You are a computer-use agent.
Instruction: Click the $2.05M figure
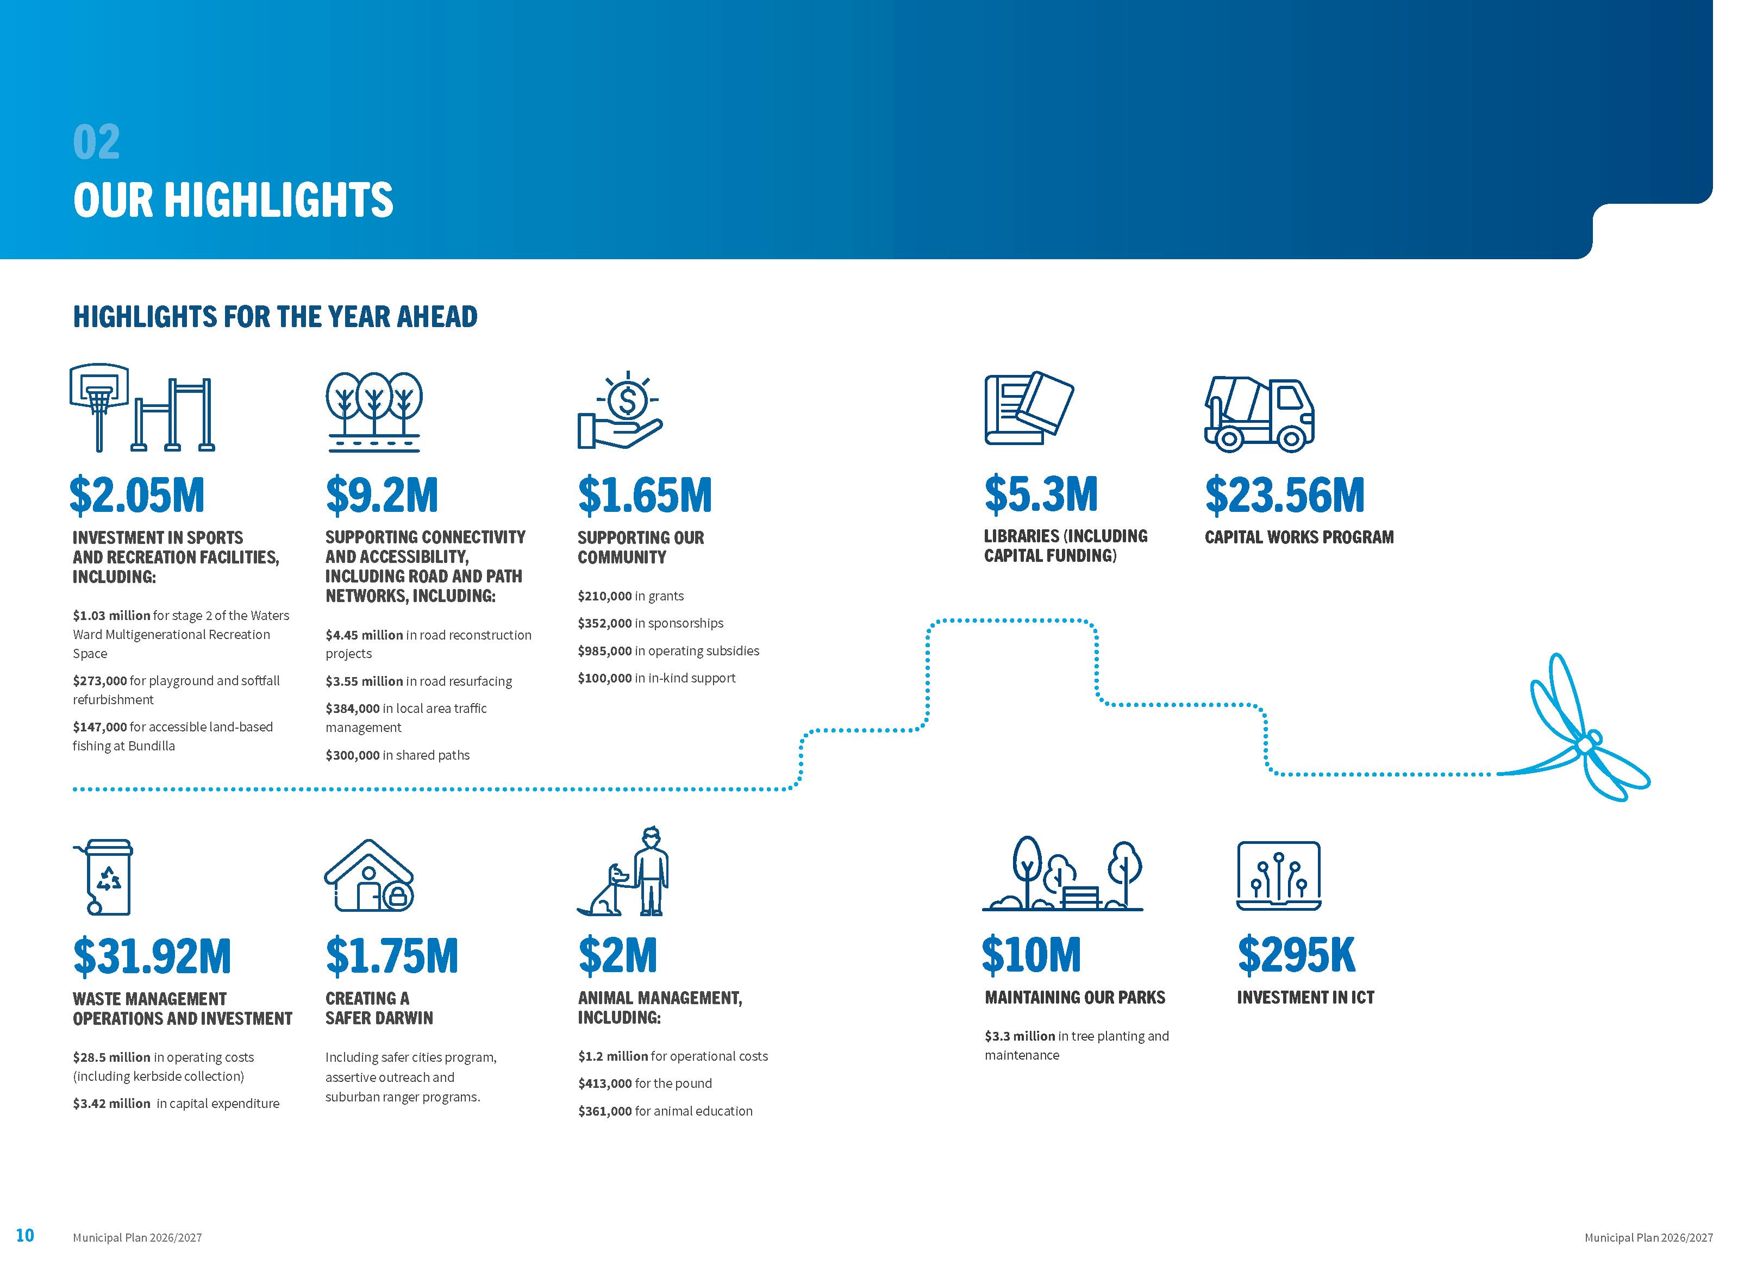point(137,494)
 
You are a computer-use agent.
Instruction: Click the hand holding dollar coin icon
point(620,411)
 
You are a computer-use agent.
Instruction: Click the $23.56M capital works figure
point(1284,494)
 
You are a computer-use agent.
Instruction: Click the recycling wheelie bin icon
point(106,876)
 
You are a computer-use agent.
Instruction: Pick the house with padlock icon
point(370,876)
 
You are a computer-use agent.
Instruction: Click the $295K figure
point(1296,955)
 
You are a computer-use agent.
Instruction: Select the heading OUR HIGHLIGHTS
point(233,200)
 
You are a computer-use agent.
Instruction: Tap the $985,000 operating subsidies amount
point(605,651)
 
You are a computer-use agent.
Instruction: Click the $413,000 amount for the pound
point(605,1084)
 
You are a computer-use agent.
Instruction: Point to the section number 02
point(96,142)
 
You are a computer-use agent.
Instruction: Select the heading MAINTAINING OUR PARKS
point(1075,998)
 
